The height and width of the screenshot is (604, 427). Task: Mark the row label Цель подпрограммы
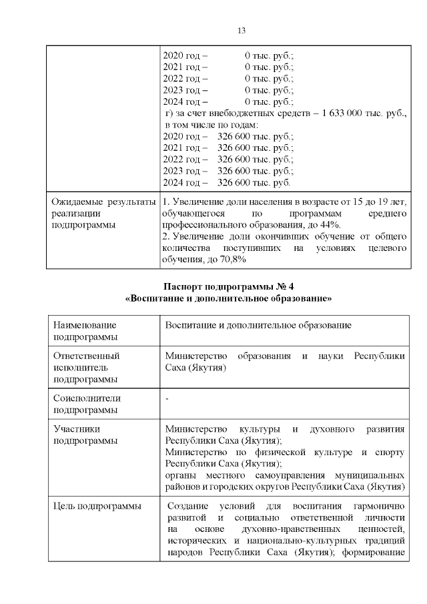click(97, 507)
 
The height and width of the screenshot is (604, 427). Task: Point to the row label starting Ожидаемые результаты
click(103, 201)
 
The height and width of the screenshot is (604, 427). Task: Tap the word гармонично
click(380, 507)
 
